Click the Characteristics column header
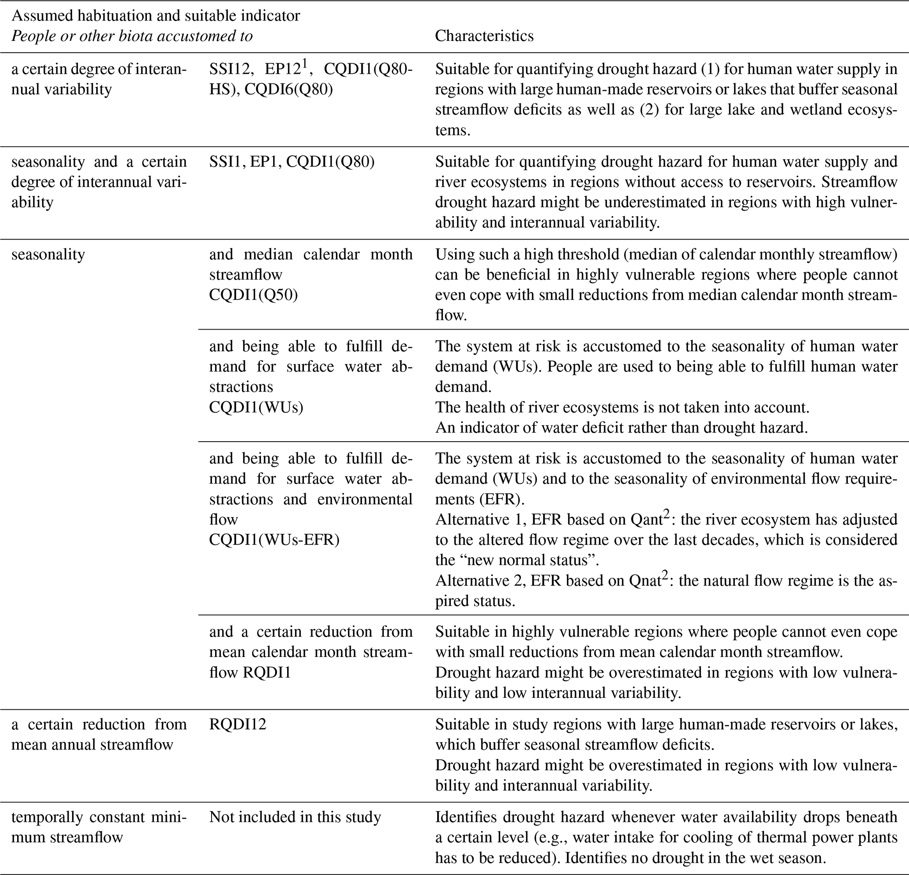pos(484,36)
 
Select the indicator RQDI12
pos(237,724)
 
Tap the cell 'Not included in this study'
pos(295,817)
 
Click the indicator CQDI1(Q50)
pos(253,295)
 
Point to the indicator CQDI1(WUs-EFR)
pos(274,540)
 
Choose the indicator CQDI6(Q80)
pos(288,89)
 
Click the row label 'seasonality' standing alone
pos(48,254)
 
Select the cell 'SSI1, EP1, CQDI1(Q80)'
pos(291,162)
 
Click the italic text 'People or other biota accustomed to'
pos(132,36)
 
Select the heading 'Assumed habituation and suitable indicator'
pos(155,16)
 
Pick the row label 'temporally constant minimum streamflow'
pos(99,827)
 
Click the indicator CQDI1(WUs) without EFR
pos(256,407)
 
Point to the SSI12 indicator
pos(229,69)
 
